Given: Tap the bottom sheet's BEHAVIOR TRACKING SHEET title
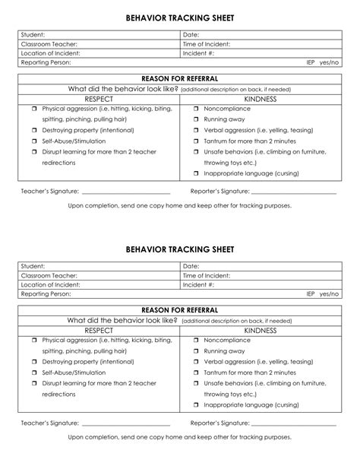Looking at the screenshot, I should pos(180,249).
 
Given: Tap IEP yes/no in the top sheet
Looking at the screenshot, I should pos(322,62).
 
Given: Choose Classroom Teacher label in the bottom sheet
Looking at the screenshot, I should pos(50,275).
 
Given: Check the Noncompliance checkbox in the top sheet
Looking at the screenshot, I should pos(195,109).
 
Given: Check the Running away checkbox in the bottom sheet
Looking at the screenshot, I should pos(195,351).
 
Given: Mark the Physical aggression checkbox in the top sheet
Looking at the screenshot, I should pos(34,109).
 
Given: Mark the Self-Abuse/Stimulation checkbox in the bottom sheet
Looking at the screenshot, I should pos(34,372).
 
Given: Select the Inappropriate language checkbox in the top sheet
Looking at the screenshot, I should pos(195,173).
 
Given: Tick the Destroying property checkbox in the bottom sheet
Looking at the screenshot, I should pos(34,362).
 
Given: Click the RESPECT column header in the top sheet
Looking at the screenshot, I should pos(99,99).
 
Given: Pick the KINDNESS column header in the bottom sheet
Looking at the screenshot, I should pos(261,331).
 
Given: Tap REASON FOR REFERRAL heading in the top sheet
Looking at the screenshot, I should pos(180,78).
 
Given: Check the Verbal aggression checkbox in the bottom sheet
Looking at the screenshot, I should pos(195,362).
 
